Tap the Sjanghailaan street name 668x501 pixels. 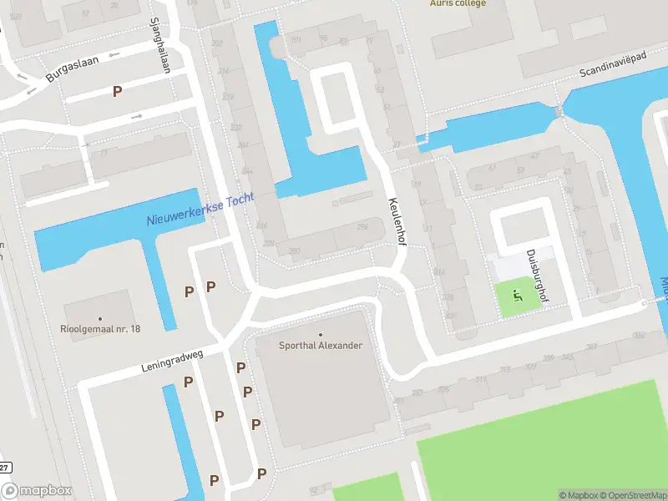click(x=159, y=45)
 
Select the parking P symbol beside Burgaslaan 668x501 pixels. click(x=118, y=91)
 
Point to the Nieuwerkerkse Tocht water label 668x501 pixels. click(x=200, y=212)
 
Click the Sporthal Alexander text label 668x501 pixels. click(x=320, y=345)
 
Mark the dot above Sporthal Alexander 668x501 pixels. click(x=320, y=334)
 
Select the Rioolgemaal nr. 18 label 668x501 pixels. click(x=101, y=329)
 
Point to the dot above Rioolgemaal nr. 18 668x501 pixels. click(x=101, y=318)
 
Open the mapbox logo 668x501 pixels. click(x=37, y=491)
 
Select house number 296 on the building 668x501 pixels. click(x=362, y=227)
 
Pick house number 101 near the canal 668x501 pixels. click(x=295, y=39)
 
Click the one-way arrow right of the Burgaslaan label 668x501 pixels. click(x=114, y=55)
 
